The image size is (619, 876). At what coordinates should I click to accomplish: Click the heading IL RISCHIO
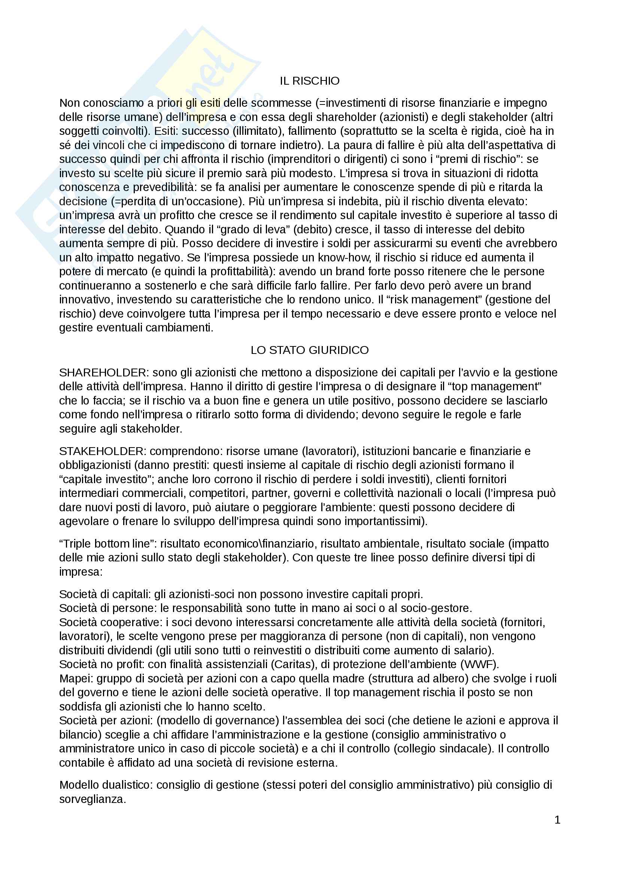click(309, 81)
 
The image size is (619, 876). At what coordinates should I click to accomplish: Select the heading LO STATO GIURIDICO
click(309, 350)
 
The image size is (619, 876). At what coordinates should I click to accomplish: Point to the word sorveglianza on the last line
click(92, 799)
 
